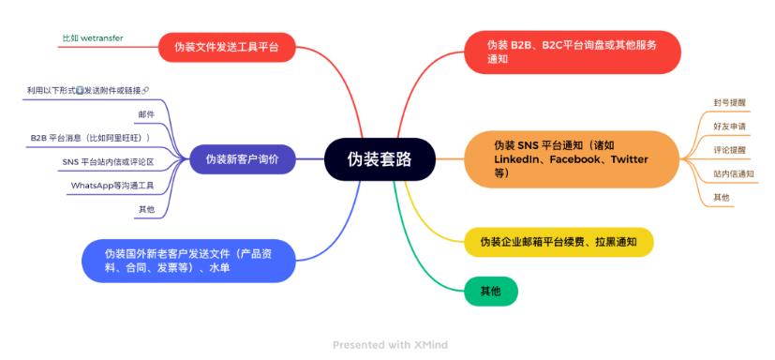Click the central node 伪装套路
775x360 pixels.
[x=380, y=158]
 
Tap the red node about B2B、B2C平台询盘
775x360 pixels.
[x=572, y=52]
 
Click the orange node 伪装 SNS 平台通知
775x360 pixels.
[x=571, y=159]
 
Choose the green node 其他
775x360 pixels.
[x=490, y=291]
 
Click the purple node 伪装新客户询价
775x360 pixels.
[x=243, y=158]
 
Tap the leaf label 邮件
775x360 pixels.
[x=146, y=113]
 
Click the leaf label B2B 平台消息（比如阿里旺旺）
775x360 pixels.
[x=90, y=137]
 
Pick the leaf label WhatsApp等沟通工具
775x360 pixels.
[x=112, y=185]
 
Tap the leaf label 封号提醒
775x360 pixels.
[x=729, y=101]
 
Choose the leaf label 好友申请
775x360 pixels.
[x=729, y=126]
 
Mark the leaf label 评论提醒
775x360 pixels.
[x=729, y=149]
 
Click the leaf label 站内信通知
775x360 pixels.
[x=733, y=173]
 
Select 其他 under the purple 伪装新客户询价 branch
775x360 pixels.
[x=146, y=208]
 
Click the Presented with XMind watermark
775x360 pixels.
[x=390, y=345]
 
